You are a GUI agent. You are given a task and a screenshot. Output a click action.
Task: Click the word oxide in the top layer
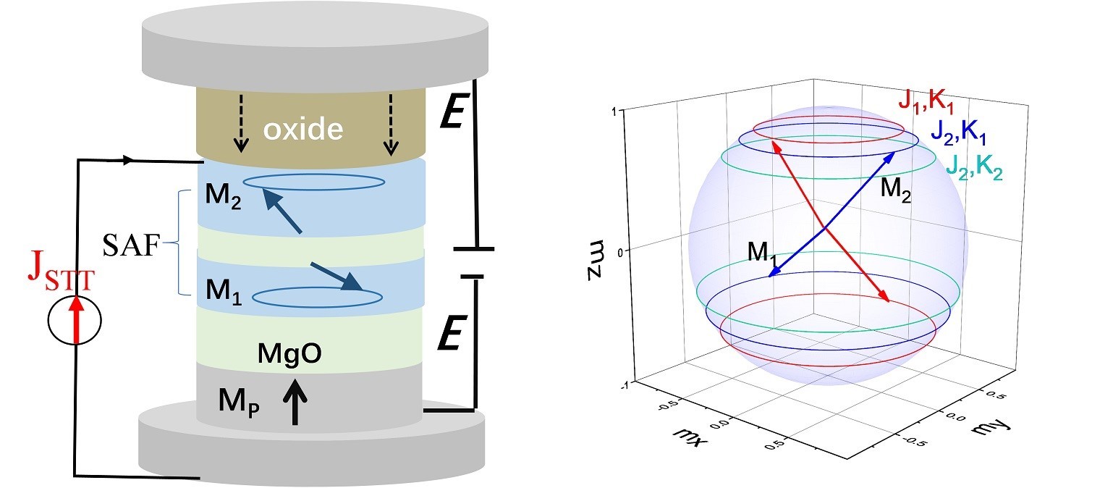(302, 129)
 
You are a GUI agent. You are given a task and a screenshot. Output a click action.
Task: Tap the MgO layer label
(289, 354)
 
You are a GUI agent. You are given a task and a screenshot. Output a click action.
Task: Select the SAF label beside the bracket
(132, 245)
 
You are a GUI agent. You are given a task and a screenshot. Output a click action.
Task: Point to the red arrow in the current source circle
(76, 319)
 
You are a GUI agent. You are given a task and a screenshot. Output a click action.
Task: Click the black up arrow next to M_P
(295, 402)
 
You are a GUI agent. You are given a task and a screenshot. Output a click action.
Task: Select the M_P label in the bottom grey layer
(239, 401)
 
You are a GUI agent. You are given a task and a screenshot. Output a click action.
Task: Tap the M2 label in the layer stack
(223, 195)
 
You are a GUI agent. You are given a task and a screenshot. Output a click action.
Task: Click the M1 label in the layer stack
(224, 291)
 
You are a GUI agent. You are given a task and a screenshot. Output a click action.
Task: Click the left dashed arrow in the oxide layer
(242, 122)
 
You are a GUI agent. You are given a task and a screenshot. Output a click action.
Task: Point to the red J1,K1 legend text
(926, 103)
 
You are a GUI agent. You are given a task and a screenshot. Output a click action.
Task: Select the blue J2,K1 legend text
(958, 132)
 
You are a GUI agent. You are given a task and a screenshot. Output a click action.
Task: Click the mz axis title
(596, 259)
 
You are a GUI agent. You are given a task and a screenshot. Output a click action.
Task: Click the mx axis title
(689, 437)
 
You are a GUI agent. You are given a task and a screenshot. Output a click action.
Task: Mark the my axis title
(991, 427)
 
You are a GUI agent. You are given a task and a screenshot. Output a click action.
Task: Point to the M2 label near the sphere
(895, 190)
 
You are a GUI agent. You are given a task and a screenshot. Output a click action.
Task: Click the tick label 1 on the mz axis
(614, 112)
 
